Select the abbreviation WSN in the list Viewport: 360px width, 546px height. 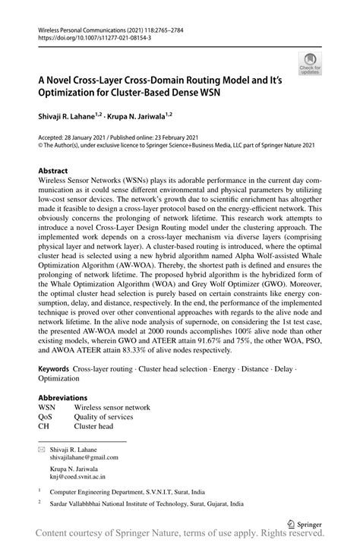coord(47,407)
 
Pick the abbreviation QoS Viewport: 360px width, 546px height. coord(46,417)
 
